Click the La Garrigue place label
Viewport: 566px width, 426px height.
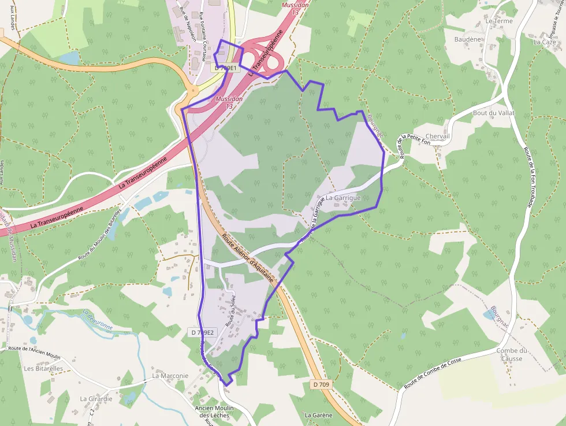[343, 198]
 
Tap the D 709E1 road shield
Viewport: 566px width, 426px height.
[225, 68]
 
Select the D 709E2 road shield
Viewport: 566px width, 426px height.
[202, 332]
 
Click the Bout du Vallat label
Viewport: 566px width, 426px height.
[493, 113]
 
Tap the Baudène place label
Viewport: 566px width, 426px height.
[468, 39]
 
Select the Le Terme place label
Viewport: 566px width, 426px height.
[499, 21]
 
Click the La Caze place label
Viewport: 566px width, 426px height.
[544, 42]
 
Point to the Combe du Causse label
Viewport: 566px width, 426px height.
[512, 354]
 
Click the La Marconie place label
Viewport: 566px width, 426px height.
[170, 376]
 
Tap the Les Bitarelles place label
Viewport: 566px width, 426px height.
[43, 368]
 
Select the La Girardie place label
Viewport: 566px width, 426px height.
[96, 399]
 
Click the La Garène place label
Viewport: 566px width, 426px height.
[318, 415]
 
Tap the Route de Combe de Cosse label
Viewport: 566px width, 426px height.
[433, 373]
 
